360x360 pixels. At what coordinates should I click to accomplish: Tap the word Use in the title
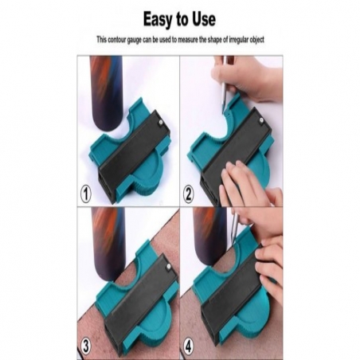coord(204,19)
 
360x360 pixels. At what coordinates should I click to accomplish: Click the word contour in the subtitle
coord(116,40)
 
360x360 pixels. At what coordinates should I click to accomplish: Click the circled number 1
coord(85,194)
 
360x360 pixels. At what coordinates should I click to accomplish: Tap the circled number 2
coord(188,195)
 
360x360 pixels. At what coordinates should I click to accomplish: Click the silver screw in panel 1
coord(161,122)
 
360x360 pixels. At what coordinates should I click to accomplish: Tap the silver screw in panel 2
coord(260,121)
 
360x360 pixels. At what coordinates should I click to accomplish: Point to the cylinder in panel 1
coord(106,93)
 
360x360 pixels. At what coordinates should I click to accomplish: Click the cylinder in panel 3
coord(108,245)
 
